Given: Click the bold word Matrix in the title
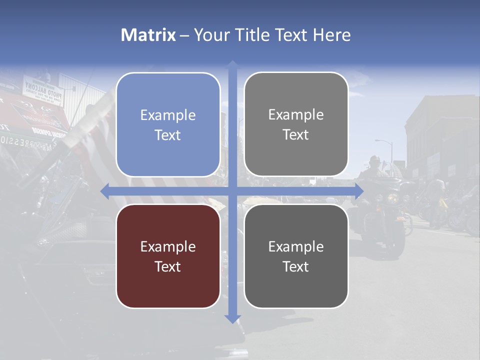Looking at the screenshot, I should click(148, 35).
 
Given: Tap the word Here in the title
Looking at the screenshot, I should click(332, 35).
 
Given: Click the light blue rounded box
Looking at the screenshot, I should click(168, 124).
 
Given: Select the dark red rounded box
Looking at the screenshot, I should click(168, 256).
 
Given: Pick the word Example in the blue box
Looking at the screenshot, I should click(168, 115).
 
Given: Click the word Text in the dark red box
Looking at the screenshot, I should click(168, 266).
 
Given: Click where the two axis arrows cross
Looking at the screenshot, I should click(232, 191).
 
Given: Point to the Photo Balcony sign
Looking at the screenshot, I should click(49, 91).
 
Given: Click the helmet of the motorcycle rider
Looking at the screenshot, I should click(374, 161).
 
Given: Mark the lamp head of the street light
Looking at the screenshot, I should click(377, 141).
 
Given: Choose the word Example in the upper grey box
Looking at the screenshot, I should click(296, 114).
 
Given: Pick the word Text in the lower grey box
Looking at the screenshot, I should click(296, 266).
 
